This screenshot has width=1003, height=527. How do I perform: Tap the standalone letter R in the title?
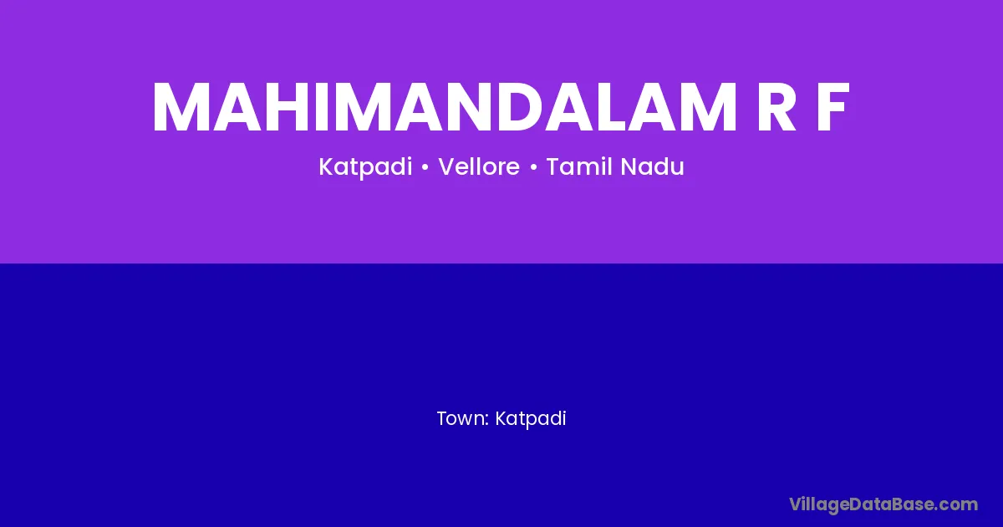click(776, 108)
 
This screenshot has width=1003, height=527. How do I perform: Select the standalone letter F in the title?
click(832, 108)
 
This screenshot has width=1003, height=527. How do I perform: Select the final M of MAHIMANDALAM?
click(707, 108)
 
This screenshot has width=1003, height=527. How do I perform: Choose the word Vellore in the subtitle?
click(479, 166)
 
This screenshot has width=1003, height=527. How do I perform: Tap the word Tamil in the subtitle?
click(579, 166)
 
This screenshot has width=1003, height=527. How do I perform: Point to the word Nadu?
click(653, 166)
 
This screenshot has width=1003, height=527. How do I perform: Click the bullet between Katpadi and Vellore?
click(425, 167)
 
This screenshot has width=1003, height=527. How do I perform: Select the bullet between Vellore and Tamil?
click(533, 167)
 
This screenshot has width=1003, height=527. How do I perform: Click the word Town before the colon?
click(461, 418)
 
